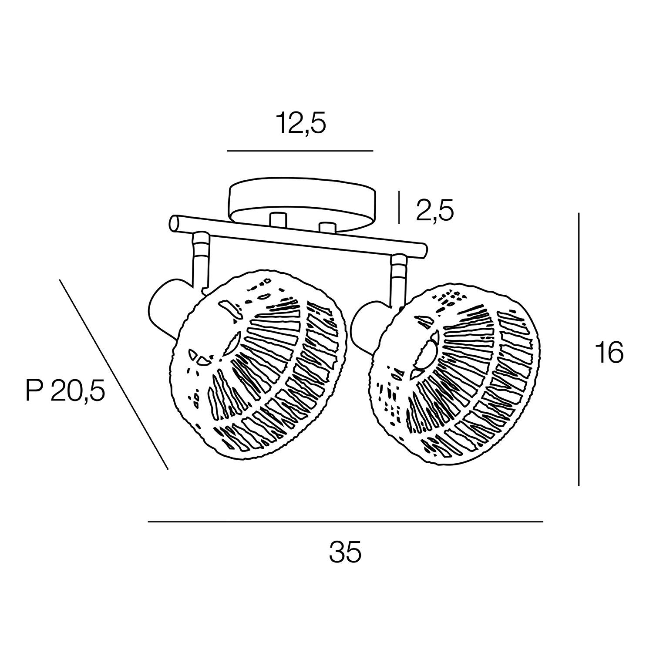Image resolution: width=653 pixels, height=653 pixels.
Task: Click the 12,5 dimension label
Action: click(x=301, y=124)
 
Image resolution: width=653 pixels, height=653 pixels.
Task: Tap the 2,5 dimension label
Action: click(x=435, y=211)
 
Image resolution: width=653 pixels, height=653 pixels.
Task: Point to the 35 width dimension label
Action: click(x=345, y=552)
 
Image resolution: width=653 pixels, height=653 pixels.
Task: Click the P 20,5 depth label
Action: click(x=66, y=390)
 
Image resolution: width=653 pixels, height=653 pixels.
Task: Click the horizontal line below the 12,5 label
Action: click(x=300, y=151)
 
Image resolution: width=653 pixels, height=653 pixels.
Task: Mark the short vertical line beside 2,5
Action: click(x=399, y=208)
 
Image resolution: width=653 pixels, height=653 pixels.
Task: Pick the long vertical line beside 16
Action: click(x=579, y=349)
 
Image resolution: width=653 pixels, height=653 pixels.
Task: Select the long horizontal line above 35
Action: click(x=346, y=522)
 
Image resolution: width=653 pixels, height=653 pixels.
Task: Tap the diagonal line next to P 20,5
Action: click(x=114, y=374)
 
